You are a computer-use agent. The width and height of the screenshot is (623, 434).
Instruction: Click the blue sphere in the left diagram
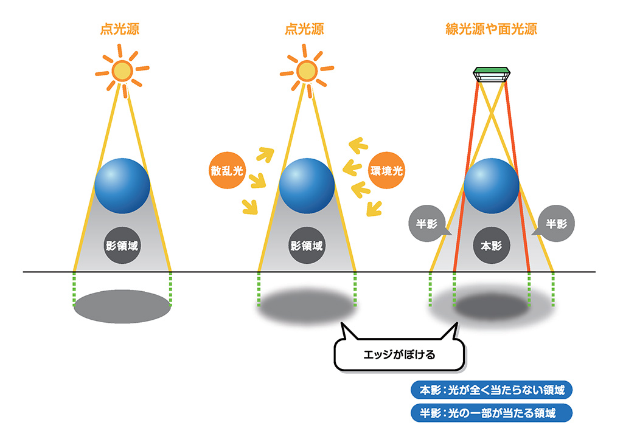[x=122, y=185]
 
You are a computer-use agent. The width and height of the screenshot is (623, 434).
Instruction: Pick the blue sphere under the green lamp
[x=492, y=185]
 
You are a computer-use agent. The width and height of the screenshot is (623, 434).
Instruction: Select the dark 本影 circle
[x=492, y=246]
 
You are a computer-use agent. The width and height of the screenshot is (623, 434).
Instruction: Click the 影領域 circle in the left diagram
[x=122, y=246]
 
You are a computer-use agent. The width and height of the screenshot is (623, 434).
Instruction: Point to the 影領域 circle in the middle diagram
[x=307, y=246]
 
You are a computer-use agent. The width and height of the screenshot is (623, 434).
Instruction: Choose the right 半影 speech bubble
[x=556, y=223]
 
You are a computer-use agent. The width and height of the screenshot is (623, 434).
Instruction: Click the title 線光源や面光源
[x=491, y=29]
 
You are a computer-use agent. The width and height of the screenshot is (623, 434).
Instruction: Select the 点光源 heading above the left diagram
[x=121, y=29]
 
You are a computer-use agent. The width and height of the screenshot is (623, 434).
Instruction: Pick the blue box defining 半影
[x=492, y=413]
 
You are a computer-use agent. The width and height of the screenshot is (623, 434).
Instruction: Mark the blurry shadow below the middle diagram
[x=307, y=308]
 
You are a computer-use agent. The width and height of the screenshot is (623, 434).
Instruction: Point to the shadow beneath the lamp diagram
[x=492, y=308]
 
